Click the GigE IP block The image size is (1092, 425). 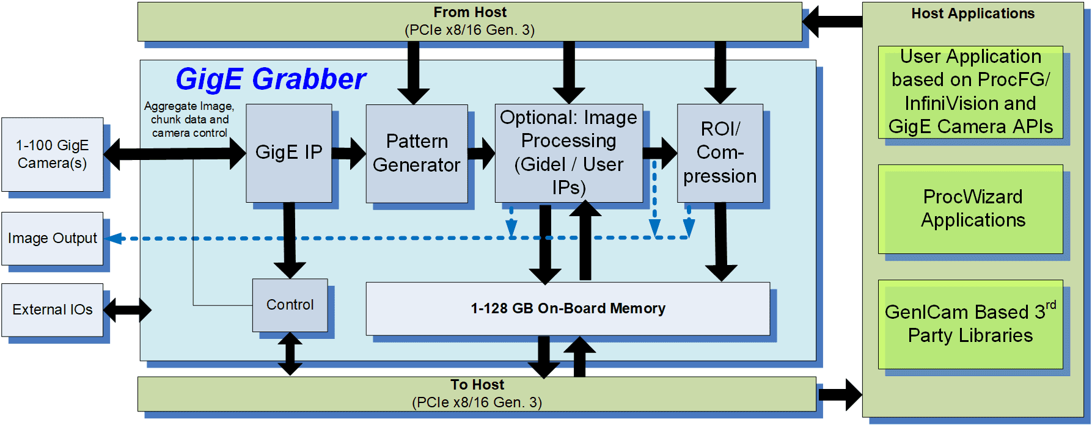(288, 153)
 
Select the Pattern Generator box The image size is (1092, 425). (416, 153)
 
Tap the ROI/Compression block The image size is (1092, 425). (719, 153)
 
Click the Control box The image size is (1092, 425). (290, 305)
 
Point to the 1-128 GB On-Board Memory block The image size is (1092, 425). (567, 308)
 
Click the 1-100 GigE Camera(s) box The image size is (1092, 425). (52, 154)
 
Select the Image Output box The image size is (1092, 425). (52, 238)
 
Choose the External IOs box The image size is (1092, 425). (52, 310)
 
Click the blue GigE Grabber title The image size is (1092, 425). (270, 79)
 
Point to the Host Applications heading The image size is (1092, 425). (972, 13)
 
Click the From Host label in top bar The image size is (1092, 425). (469, 12)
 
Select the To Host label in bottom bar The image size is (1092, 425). (477, 385)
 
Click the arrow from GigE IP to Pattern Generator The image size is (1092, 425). (349, 153)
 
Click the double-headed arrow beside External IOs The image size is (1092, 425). (127, 310)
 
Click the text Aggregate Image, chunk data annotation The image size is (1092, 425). (189, 119)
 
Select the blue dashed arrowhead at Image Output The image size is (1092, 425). (115, 238)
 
